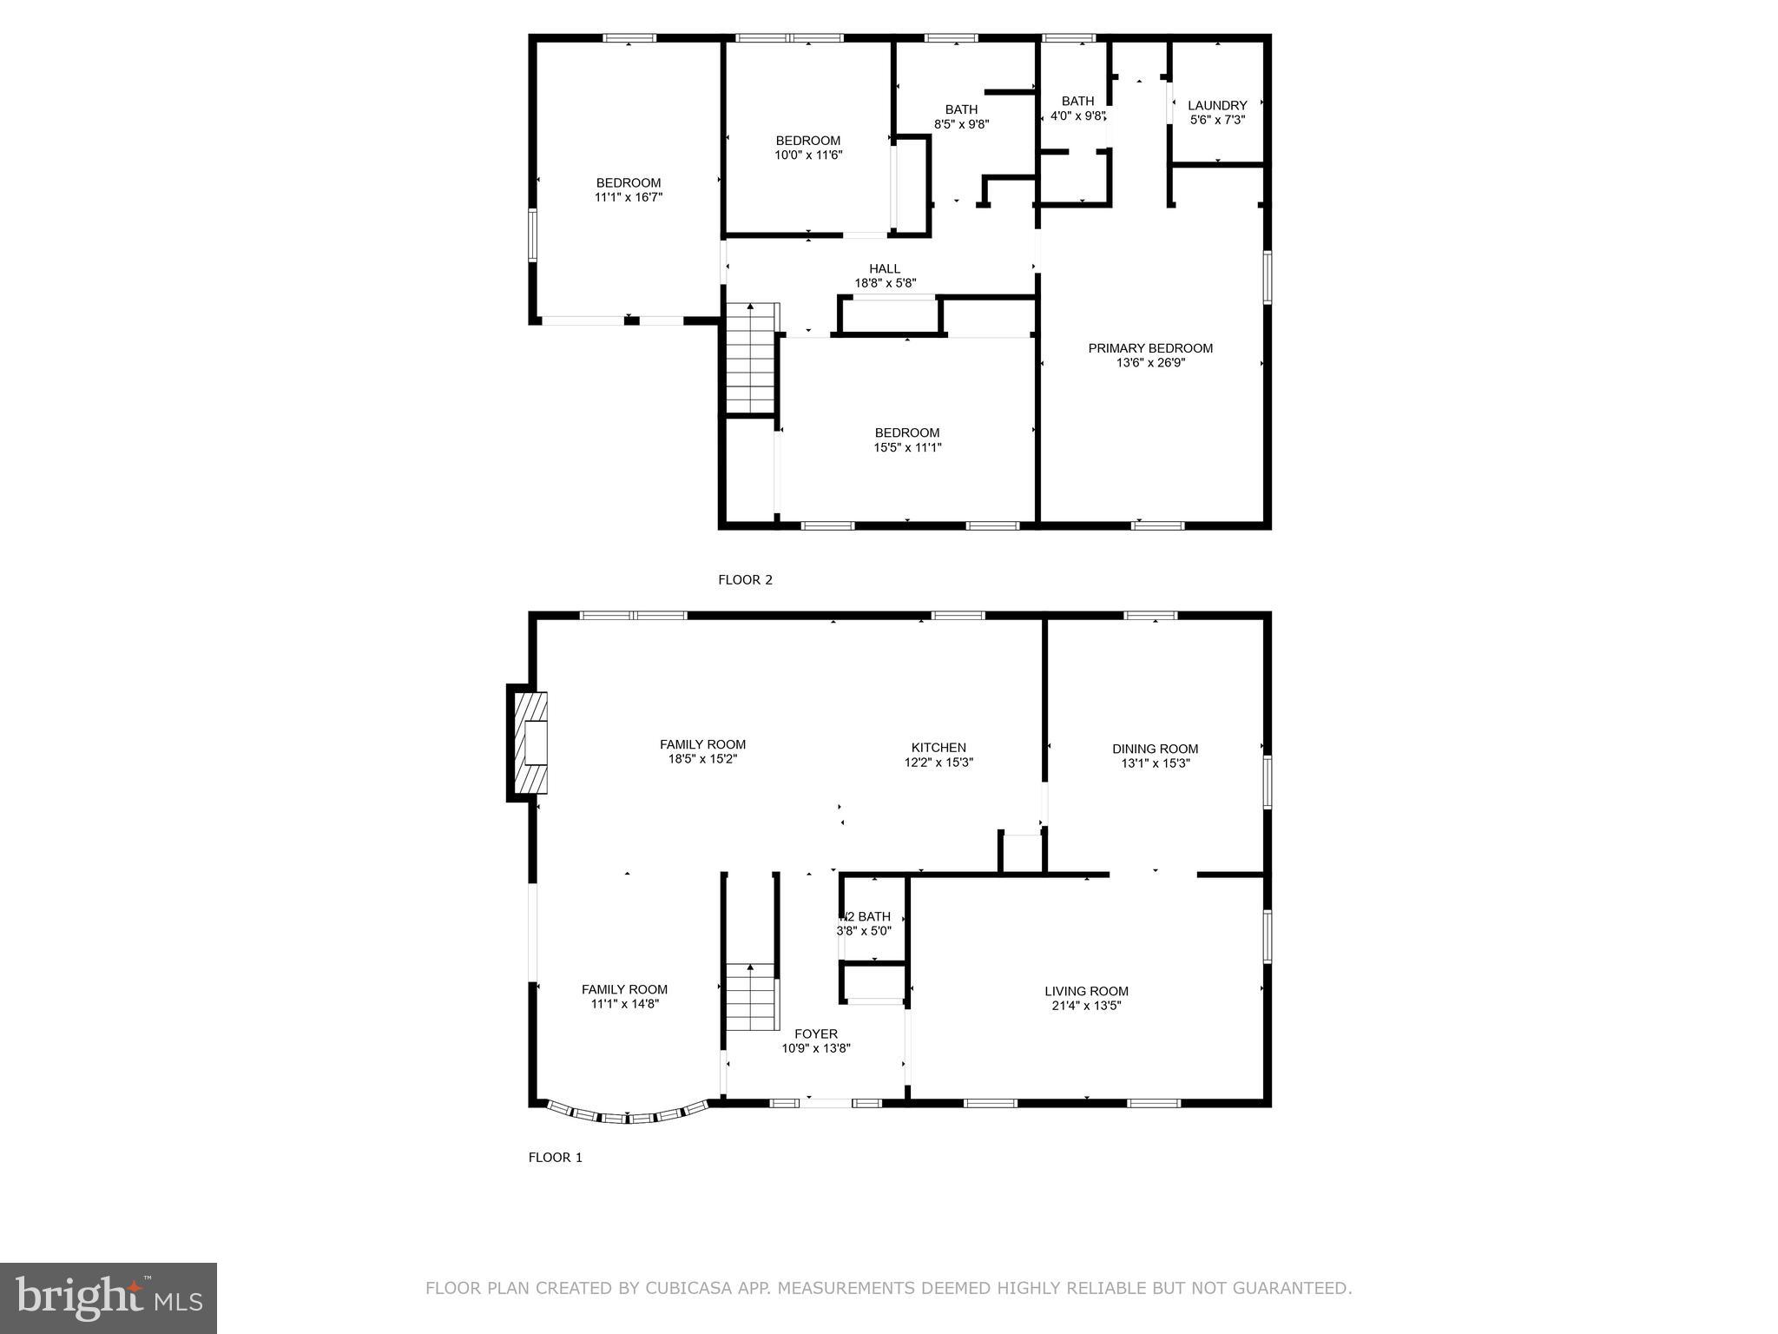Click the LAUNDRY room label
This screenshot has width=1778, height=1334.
pyautogui.click(x=1217, y=105)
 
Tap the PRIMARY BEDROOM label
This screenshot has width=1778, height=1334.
pyautogui.click(x=1150, y=348)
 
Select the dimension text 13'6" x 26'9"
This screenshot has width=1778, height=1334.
pyautogui.click(x=1150, y=363)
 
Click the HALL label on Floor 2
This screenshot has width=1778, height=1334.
pyautogui.click(x=885, y=268)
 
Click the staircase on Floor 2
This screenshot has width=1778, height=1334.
pyautogui.click(x=750, y=358)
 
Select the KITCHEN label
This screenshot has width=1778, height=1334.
pyautogui.click(x=938, y=747)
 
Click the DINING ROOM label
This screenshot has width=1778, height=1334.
pyautogui.click(x=1155, y=749)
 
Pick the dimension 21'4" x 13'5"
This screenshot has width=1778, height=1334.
pyautogui.click(x=1086, y=1006)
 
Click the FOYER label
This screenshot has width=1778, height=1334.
pyautogui.click(x=816, y=1034)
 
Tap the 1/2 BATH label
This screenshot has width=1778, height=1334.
pyautogui.click(x=865, y=916)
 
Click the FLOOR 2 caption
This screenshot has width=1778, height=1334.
pyautogui.click(x=745, y=580)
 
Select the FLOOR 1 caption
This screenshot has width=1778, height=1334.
pyautogui.click(x=556, y=1158)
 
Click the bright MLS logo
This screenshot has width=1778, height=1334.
pyautogui.click(x=109, y=1298)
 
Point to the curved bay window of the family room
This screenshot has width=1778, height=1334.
pyautogui.click(x=627, y=1117)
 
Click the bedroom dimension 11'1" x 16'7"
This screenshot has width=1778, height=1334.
pyautogui.click(x=629, y=197)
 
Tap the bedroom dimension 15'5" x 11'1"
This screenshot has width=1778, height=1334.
pyautogui.click(x=907, y=447)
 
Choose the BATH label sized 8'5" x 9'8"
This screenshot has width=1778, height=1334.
pyautogui.click(x=961, y=109)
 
